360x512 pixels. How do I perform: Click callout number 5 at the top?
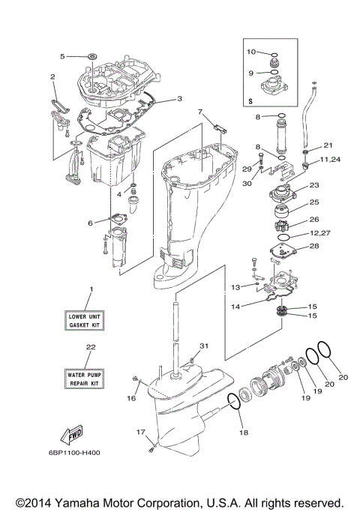(63, 55)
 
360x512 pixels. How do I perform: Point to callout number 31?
(202, 346)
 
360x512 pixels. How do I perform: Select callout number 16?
(131, 398)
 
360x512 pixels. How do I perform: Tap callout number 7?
(200, 112)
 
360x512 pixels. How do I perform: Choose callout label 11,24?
(329, 160)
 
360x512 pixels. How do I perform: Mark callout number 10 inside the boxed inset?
(251, 52)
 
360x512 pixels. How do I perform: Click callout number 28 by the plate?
(314, 247)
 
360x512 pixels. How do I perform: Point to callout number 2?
(53, 76)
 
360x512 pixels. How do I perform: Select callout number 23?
(314, 185)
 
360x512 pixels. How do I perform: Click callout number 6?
(91, 223)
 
